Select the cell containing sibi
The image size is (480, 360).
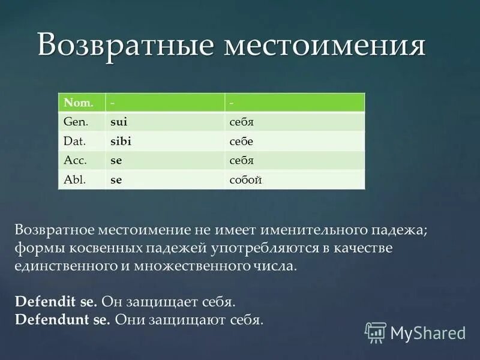[x=120, y=141]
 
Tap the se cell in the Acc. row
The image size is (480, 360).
[x=116, y=160]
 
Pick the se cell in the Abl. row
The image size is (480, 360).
[x=116, y=179]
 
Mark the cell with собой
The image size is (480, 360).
[x=245, y=179]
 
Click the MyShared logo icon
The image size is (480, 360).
[x=376, y=332]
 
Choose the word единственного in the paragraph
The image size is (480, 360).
[x=64, y=266]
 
